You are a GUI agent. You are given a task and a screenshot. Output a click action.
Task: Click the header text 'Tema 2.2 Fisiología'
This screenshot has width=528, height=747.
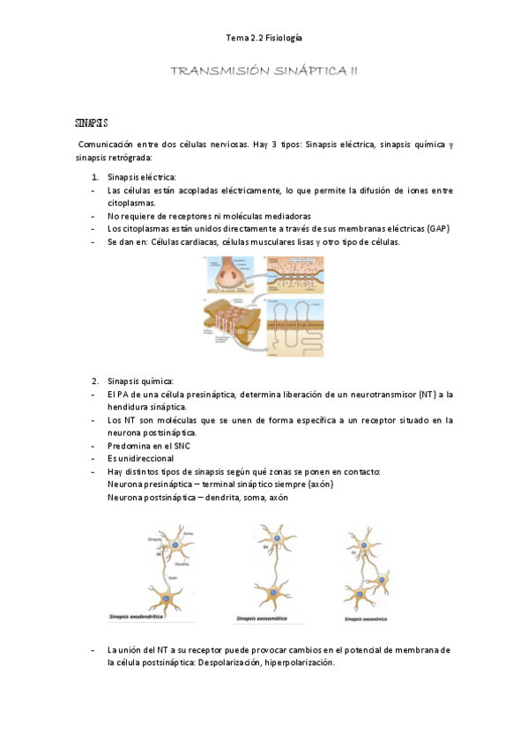pos(264,38)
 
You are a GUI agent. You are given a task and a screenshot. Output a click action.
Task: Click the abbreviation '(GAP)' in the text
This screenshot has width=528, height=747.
pos(435,228)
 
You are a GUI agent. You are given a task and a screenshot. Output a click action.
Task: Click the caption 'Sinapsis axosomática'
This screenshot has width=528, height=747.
pos(267,618)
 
